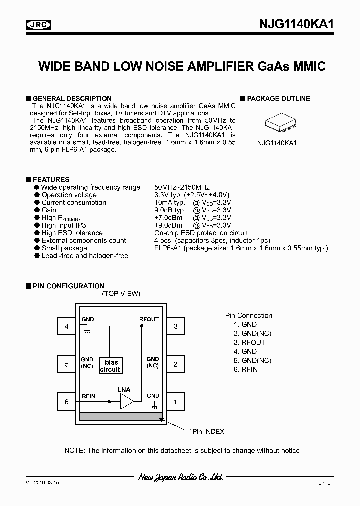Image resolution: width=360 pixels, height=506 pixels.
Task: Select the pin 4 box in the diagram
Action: [67, 327]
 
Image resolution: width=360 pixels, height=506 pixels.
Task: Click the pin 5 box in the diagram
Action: [67, 364]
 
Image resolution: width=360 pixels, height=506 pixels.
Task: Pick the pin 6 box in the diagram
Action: [67, 401]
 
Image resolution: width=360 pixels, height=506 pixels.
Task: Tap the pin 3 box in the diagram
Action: [175, 327]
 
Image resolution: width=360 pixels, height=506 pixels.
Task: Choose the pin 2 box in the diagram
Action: [175, 364]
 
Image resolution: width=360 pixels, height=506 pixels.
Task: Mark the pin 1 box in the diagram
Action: [175, 401]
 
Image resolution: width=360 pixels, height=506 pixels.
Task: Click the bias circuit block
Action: [110, 366]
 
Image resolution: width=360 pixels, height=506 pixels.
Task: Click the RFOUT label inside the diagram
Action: [149, 319]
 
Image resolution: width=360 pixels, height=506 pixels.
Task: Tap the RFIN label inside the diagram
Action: [89, 396]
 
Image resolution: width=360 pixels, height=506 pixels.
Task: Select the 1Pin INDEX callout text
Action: [206, 431]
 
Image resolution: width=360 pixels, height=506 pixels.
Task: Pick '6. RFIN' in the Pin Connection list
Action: [246, 369]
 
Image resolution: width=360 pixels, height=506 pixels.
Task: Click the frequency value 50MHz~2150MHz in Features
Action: [182, 187]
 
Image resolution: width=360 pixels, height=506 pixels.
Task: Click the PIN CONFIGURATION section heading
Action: [68, 286]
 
